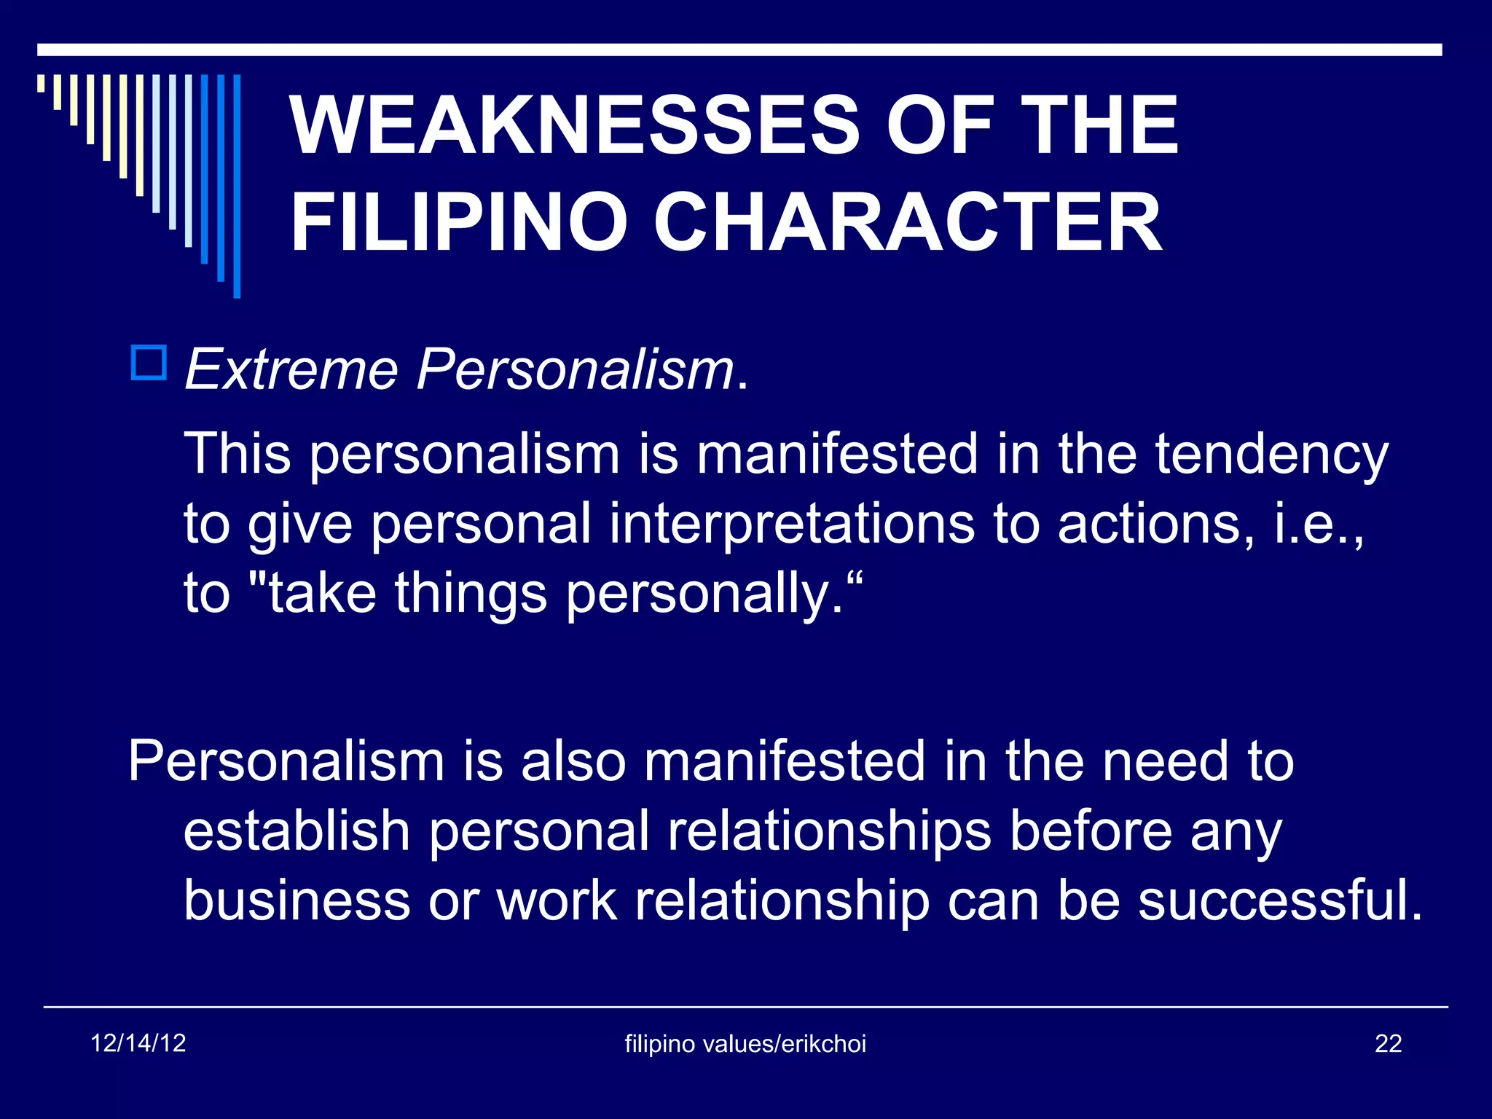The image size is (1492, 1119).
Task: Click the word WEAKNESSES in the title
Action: [x=576, y=125]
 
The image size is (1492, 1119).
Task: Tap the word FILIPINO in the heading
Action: [x=459, y=222]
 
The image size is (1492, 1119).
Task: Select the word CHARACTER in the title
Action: [x=907, y=222]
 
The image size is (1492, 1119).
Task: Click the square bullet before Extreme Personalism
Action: [x=149, y=363]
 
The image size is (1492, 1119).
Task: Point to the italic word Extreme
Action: [x=291, y=370]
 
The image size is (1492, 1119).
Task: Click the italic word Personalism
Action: [x=576, y=370]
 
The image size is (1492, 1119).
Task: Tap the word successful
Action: [x=1279, y=900]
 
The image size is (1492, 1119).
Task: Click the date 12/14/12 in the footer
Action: [x=138, y=1043]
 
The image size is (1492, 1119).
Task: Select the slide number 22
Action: [x=1388, y=1044]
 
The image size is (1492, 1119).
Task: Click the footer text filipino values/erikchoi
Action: [x=745, y=1044]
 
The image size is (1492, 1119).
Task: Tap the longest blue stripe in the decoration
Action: [x=237, y=186]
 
